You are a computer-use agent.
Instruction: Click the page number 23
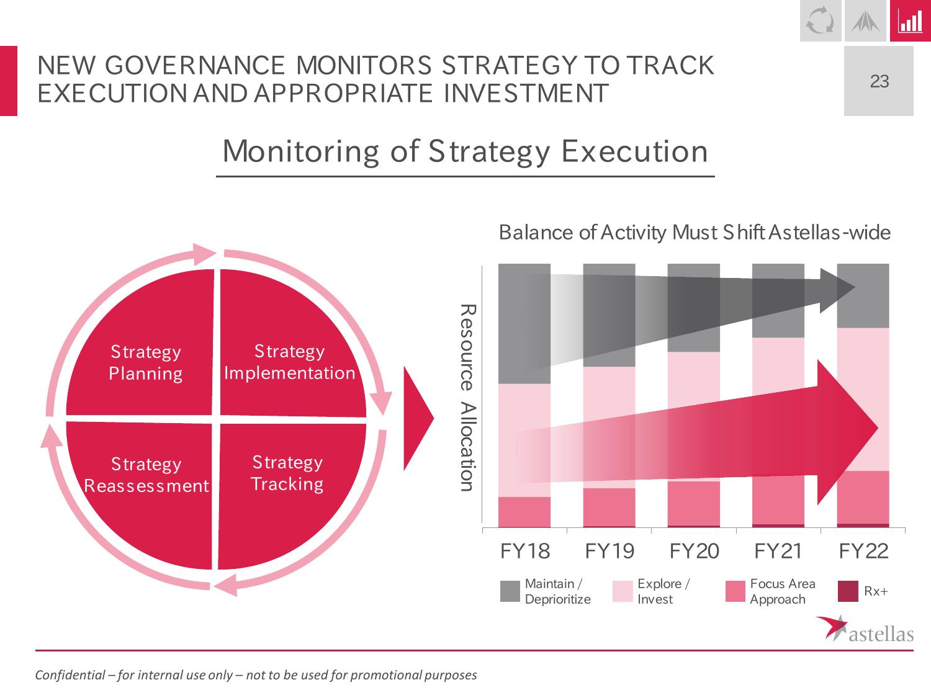[879, 81]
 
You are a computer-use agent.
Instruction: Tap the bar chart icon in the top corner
[911, 20]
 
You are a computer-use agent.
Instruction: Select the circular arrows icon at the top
[821, 20]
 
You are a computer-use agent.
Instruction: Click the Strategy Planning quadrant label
[146, 362]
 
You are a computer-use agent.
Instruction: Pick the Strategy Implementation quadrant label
[290, 362]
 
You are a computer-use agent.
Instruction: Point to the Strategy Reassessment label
[146, 475]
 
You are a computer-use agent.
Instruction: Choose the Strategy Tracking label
[287, 473]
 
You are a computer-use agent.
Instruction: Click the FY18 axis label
[525, 551]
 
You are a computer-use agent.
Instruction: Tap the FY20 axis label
[694, 551]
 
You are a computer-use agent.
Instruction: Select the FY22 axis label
[863, 551]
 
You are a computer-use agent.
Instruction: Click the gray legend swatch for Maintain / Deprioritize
[510, 591]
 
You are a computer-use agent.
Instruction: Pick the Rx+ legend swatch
[848, 591]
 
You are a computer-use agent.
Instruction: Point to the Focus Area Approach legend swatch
[735, 591]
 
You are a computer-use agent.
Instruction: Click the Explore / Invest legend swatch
[623, 591]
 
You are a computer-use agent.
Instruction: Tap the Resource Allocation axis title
[467, 398]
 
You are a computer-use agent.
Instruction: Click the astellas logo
[865, 629]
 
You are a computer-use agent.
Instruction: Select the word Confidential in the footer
[70, 674]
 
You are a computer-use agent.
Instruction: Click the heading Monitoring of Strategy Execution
[465, 151]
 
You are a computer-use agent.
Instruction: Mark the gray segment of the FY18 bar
[524, 324]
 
